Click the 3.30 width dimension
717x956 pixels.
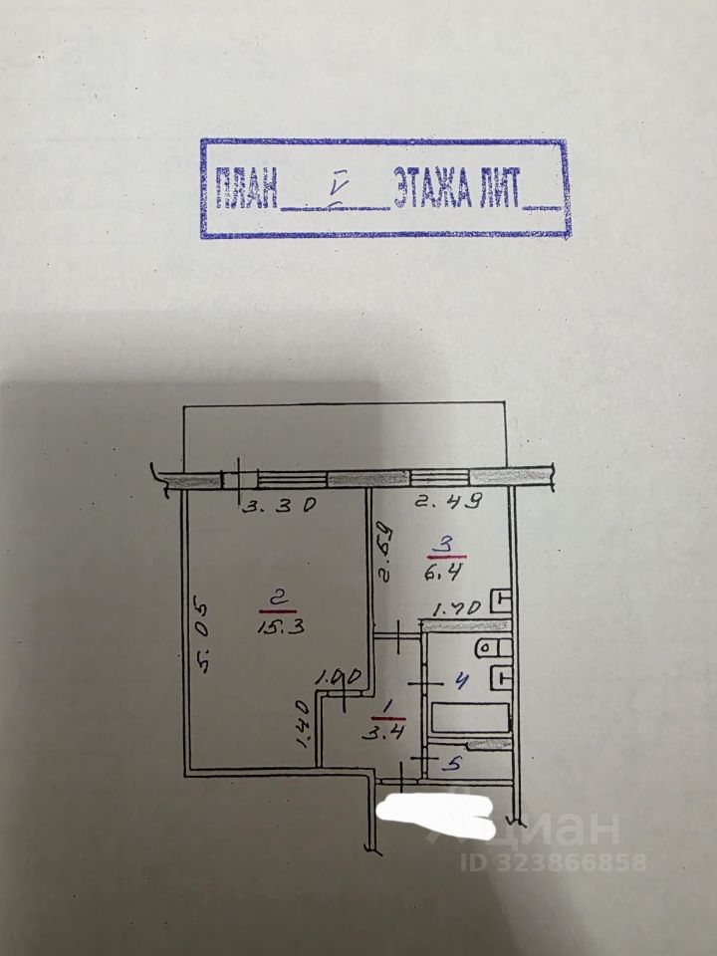pyautogui.click(x=281, y=505)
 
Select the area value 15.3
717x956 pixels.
pyautogui.click(x=272, y=627)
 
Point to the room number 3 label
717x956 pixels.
pyautogui.click(x=447, y=545)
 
